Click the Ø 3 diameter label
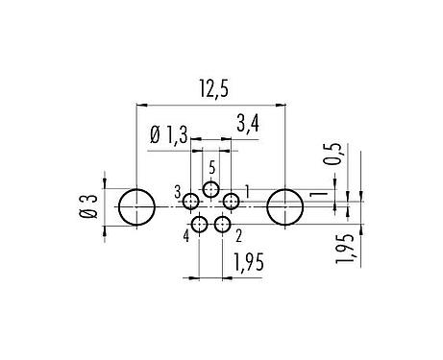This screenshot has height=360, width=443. [89, 206]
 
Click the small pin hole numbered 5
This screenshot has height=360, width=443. [210, 188]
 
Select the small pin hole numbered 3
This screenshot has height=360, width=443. [191, 202]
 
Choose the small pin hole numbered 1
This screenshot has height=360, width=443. [231, 202]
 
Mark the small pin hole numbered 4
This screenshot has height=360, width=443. [199, 225]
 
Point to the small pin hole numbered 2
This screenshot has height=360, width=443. [223, 225]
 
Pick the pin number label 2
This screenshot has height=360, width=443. [238, 232]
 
